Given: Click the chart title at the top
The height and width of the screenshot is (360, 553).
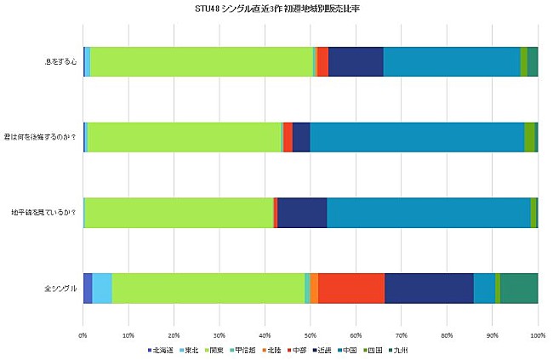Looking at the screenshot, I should [276, 9].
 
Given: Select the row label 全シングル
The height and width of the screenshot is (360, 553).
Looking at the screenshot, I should [60, 289].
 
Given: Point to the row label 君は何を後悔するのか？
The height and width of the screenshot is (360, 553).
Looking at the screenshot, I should [43, 137].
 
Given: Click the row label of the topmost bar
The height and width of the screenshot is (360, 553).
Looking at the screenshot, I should [60, 61].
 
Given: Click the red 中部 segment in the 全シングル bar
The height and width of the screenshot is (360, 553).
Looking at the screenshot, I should [351, 289].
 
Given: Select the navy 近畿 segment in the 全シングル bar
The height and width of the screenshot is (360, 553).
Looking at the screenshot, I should [429, 289].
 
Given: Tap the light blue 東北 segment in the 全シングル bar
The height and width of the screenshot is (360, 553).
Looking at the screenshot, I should [101, 289].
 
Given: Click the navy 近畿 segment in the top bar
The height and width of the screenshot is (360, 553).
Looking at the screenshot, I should [356, 61].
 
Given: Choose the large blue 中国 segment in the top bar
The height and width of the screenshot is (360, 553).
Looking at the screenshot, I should [451, 61].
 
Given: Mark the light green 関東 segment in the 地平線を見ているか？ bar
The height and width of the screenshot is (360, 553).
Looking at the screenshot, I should [179, 213].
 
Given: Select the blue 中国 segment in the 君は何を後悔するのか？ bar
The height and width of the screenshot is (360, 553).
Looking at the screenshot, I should [417, 137].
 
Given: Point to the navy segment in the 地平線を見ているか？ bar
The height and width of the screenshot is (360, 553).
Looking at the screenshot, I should [302, 213].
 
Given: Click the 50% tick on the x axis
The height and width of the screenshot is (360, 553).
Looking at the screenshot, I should [311, 336].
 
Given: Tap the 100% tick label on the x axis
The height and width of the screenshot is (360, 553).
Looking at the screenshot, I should [537, 336].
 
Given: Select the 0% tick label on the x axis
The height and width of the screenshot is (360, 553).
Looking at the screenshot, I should [83, 336].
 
